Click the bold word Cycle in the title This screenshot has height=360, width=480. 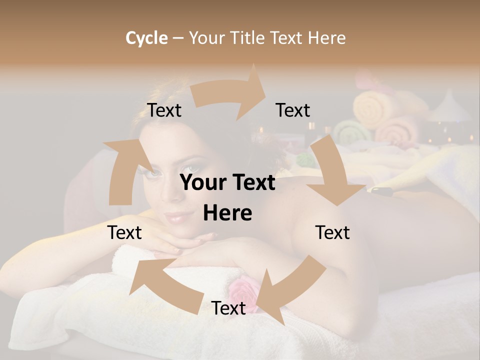click(146, 38)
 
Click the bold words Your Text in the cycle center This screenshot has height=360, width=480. click(227, 183)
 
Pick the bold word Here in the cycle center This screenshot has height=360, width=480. click(227, 213)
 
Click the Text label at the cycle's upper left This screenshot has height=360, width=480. click(164, 110)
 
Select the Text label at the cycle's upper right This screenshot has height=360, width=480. click(293, 110)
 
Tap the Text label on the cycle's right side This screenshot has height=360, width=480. click(332, 232)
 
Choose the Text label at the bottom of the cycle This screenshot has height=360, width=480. click(228, 308)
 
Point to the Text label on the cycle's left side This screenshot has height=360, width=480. click(124, 232)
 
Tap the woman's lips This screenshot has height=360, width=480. click(179, 217)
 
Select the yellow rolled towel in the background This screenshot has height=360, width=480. click(372, 107)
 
